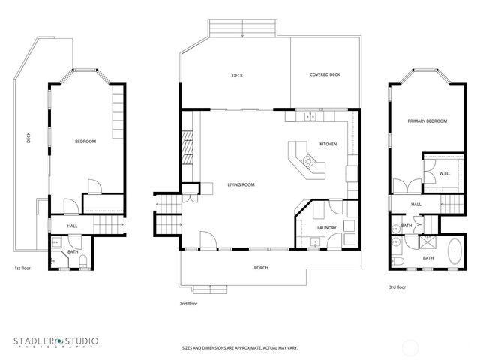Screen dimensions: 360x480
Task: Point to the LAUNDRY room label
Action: click(x=326, y=227)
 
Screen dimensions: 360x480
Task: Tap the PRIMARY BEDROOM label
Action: click(x=427, y=121)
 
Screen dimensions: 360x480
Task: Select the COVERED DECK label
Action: click(x=325, y=75)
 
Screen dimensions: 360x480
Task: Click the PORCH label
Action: click(x=261, y=267)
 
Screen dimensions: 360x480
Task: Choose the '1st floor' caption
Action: click(x=23, y=268)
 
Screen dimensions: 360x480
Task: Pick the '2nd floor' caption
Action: click(x=188, y=304)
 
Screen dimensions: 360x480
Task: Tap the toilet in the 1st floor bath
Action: click(x=84, y=261)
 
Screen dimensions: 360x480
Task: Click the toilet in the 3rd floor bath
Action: click(x=398, y=259)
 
